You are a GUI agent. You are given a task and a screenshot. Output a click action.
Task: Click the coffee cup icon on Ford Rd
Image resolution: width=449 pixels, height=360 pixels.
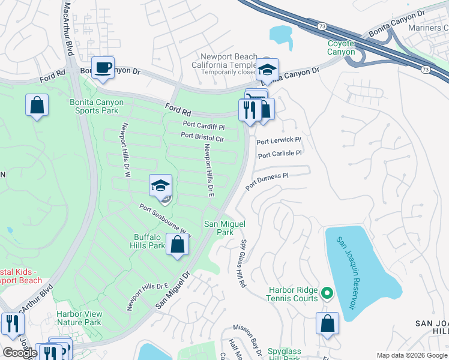[102, 67]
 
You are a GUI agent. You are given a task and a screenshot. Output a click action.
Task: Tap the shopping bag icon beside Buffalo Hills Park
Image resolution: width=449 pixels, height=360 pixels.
[177, 245]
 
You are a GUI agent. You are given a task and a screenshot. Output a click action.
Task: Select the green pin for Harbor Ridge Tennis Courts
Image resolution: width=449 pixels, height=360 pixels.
[327, 293]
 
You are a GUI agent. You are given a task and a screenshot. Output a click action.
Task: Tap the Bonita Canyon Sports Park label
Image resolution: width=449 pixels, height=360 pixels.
[97, 106]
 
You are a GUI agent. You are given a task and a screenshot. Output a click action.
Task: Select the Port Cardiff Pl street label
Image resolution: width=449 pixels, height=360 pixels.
[203, 127]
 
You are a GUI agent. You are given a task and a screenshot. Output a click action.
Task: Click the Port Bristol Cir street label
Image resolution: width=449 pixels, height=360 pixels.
[202, 137]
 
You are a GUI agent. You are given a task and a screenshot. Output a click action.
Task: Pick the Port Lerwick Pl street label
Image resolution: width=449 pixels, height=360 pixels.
[279, 141]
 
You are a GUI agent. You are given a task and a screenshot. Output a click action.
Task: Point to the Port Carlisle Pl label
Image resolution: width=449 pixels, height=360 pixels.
[280, 154]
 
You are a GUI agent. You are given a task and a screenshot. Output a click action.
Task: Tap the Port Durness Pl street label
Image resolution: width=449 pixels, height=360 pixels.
[267, 179]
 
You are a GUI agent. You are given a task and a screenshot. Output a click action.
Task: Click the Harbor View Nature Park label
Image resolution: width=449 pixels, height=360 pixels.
[79, 318]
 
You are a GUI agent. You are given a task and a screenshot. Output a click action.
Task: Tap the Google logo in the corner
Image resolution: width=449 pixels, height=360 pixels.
[20, 352]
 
